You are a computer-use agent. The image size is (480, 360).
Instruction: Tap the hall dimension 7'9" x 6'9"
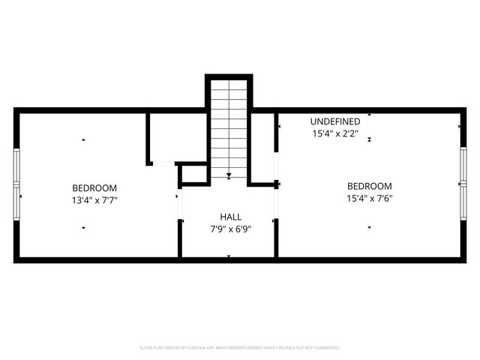[229, 228]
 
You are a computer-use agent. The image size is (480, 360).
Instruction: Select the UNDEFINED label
[335, 121]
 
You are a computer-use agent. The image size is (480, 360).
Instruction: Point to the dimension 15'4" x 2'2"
[335, 134]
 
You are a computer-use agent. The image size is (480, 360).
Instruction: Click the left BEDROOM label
[94, 187]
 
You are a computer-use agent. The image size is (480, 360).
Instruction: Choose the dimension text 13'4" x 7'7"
[94, 200]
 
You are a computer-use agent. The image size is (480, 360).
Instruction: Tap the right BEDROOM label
[369, 186]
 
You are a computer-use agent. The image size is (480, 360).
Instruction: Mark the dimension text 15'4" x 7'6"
[369, 199]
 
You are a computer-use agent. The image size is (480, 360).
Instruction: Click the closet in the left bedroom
[176, 137]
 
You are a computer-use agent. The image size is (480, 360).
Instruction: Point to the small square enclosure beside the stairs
[193, 174]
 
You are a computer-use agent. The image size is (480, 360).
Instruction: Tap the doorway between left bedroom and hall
[179, 206]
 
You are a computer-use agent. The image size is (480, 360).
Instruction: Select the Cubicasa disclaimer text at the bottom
[240, 348]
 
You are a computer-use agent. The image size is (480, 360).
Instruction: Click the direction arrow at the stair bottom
[229, 178]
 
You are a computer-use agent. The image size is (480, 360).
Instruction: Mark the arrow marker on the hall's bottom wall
[229, 256]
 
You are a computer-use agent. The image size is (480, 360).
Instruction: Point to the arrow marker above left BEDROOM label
[83, 140]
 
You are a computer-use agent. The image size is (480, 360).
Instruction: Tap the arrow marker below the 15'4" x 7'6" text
[369, 226]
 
